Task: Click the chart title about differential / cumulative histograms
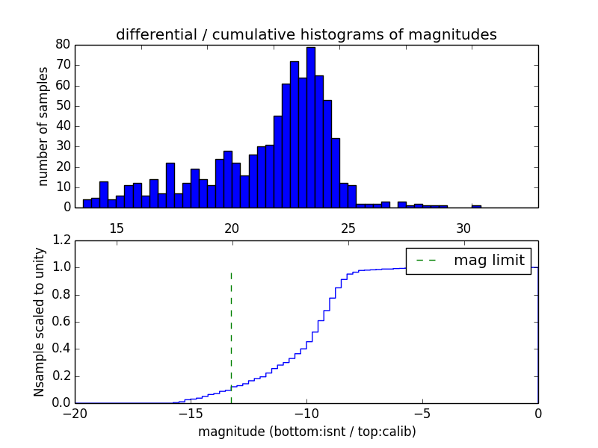point(306,34)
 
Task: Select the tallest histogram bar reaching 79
point(311,127)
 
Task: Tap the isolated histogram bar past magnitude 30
point(476,206)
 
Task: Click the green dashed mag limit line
point(231,329)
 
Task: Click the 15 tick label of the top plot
point(117,228)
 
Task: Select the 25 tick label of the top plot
point(348,228)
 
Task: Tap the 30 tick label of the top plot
point(463,228)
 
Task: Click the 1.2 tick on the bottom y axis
point(62,240)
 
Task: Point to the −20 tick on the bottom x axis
point(75,413)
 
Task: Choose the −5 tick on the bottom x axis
point(422,413)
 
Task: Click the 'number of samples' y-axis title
point(43,125)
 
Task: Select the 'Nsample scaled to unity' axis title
point(39,322)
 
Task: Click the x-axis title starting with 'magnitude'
point(306,432)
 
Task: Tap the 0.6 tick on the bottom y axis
point(62,322)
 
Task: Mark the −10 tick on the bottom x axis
point(306,413)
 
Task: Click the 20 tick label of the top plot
point(232,228)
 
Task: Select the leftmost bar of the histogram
point(87,203)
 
